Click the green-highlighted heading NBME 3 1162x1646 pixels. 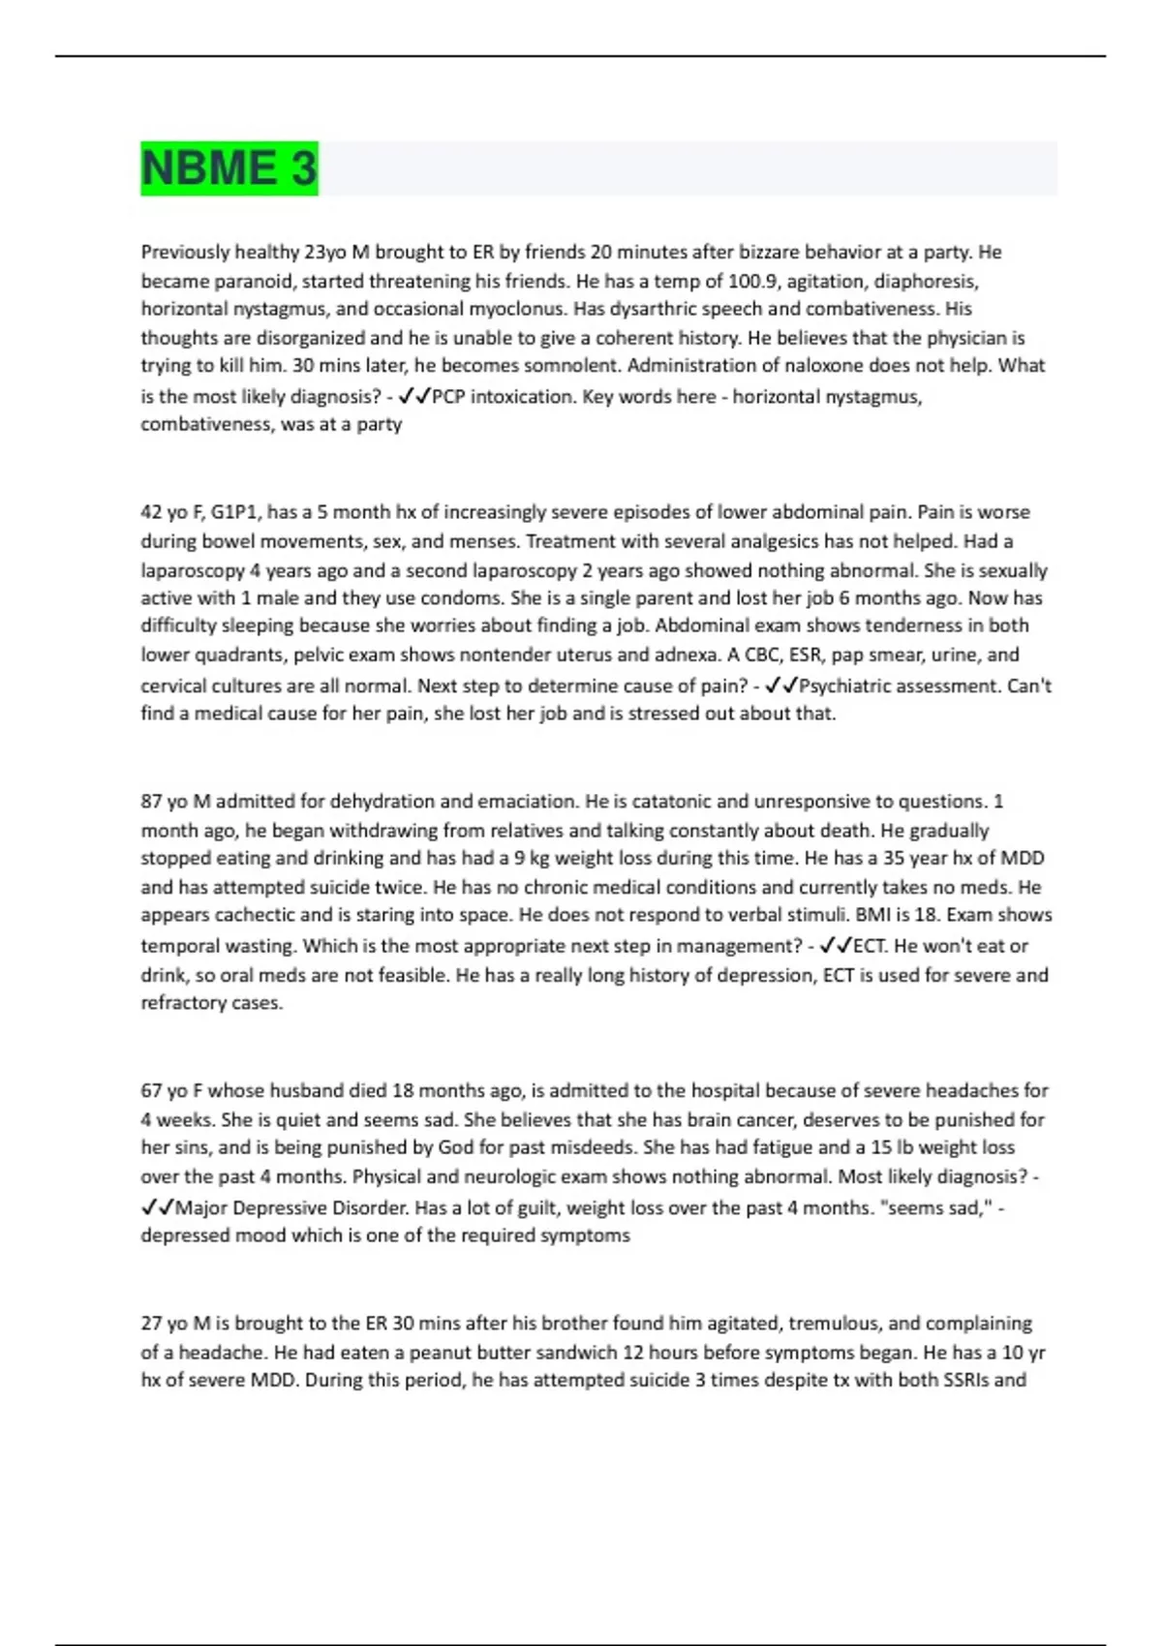229,168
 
